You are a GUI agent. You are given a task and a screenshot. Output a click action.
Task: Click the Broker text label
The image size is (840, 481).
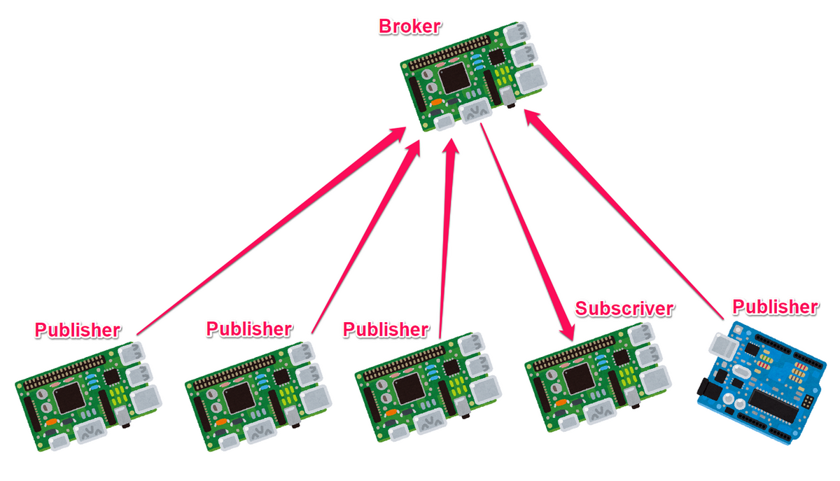pos(409,27)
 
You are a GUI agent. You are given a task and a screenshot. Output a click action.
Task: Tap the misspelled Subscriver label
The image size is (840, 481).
pos(624,309)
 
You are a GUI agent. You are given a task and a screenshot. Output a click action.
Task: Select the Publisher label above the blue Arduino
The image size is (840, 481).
pos(776,307)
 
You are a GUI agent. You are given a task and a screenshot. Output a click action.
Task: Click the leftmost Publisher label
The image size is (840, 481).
pos(78,330)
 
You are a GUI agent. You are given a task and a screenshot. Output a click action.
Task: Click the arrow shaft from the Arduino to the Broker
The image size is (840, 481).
pos(624,214)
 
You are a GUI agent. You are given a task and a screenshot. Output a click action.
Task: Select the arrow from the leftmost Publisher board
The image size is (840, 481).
pos(271,231)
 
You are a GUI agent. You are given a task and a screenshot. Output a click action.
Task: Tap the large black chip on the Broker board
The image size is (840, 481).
pos(454,78)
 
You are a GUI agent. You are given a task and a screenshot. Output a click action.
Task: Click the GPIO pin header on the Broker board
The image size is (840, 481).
pos(449,53)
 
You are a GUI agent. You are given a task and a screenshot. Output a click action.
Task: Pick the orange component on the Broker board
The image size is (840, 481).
pos(437,102)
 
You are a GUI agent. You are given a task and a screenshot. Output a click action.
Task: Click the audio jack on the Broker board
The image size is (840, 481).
pos(507,97)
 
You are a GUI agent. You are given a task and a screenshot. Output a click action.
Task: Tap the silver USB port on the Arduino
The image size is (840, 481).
pos(722,347)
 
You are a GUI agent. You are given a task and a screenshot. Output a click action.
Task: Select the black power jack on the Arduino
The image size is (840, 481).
pos(708,390)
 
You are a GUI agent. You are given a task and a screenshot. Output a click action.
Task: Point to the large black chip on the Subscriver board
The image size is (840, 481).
pos(580,379)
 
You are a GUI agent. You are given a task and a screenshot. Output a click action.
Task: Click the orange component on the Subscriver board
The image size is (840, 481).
pos(561,403)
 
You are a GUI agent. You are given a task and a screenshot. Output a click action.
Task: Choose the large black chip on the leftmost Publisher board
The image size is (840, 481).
pos(70,398)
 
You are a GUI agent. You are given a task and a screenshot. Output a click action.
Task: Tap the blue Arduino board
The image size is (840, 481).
pos(762,384)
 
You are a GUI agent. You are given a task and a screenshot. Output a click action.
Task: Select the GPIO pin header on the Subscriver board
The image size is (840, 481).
pos(574,354)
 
